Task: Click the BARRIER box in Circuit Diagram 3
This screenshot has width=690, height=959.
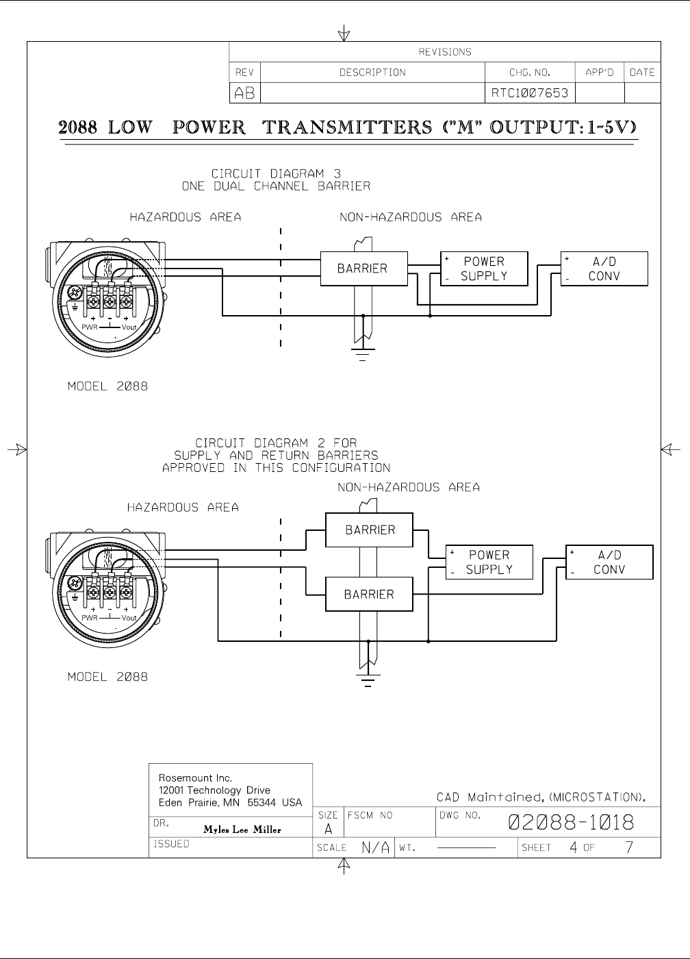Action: click(x=363, y=269)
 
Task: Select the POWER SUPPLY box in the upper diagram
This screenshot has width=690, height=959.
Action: click(x=484, y=269)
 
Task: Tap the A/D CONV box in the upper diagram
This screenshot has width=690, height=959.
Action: click(x=604, y=269)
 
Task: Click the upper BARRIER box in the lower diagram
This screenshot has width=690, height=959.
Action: click(x=369, y=530)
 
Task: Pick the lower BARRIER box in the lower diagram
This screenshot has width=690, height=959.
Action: click(x=369, y=594)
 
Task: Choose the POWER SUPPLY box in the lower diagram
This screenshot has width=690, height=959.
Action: click(x=489, y=562)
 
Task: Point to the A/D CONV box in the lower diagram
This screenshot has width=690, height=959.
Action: click(x=609, y=562)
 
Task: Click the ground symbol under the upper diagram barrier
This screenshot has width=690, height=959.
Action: click(x=363, y=353)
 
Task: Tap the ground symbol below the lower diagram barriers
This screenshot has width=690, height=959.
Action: click(x=368, y=679)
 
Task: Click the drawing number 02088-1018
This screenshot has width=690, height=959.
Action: click(x=570, y=822)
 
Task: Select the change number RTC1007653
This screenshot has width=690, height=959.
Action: click(x=529, y=93)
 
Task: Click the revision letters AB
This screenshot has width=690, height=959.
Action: click(x=244, y=93)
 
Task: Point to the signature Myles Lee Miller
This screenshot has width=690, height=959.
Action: click(x=242, y=830)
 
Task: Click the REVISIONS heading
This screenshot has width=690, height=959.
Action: click(x=445, y=52)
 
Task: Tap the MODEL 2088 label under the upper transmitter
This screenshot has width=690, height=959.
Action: click(x=107, y=386)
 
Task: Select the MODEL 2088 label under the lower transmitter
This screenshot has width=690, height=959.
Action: click(x=107, y=677)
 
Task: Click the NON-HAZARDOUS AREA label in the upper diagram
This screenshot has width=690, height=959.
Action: click(x=411, y=217)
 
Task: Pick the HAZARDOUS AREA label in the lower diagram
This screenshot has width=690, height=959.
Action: click(x=183, y=508)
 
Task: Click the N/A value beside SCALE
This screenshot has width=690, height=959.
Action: click(x=376, y=847)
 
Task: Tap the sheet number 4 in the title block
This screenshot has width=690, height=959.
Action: click(x=574, y=847)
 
